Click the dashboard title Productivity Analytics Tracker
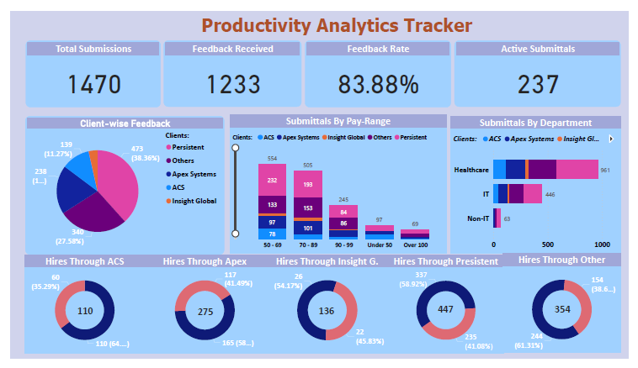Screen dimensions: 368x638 coord(337,24)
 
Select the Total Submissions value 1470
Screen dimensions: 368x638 coord(93,84)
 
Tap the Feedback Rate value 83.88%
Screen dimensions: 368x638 coord(378,84)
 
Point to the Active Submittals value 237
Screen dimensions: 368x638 coord(527,84)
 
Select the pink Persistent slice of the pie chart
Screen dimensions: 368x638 coord(115,183)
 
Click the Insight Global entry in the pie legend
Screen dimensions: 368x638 coord(194,201)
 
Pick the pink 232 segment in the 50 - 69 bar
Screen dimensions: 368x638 coord(272,180)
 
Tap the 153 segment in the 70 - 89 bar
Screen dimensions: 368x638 coord(307,208)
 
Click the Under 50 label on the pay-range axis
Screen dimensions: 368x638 coord(379,245)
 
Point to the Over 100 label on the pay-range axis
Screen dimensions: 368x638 coord(414,245)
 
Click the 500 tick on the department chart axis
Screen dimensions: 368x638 coord(548,244)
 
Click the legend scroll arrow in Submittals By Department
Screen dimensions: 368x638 coord(611,139)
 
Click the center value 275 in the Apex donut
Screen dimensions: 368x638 coord(205,312)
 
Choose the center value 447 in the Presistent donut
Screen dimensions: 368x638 coord(446,309)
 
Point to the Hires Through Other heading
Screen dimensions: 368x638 coord(561,260)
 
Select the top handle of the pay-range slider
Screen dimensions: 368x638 coord(235,147)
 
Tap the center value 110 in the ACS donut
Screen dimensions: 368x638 coord(85,311)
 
